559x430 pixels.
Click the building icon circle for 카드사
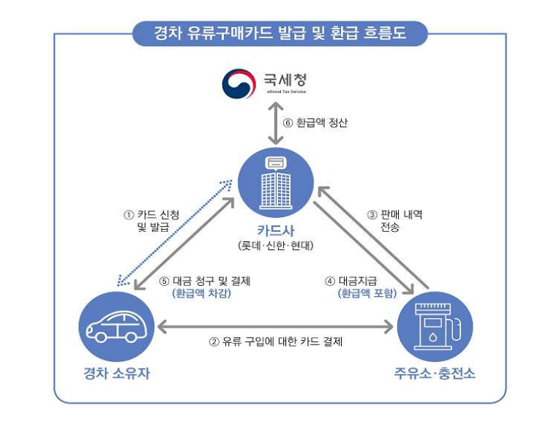pos(276,179)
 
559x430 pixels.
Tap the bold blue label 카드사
pos(276,231)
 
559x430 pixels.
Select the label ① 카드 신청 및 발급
pos(152,221)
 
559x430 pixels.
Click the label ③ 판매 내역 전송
pos(395,221)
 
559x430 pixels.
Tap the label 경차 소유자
pos(116,374)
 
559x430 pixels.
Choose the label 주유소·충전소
pos(434,374)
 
